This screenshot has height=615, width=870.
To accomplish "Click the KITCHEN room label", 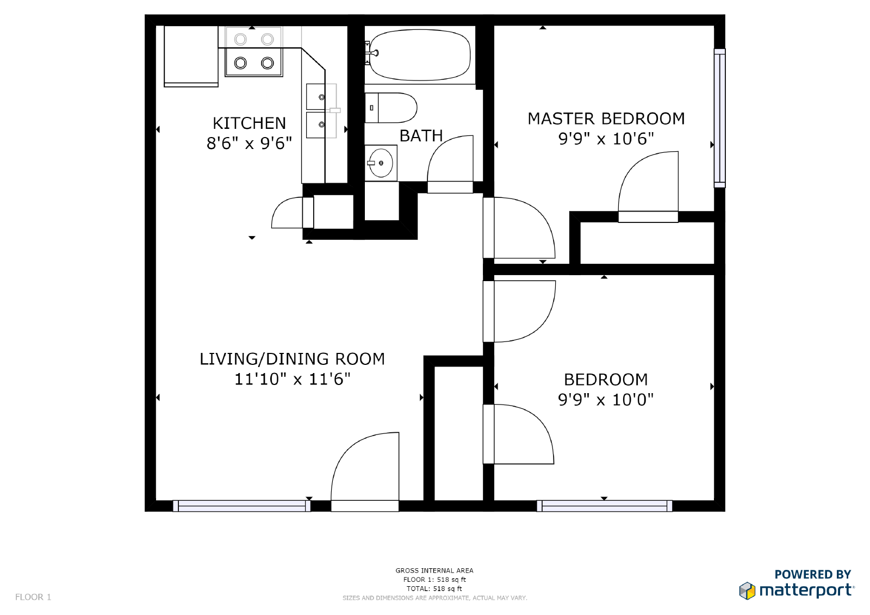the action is (x=249, y=123).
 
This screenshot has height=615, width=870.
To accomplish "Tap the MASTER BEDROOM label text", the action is (x=606, y=119).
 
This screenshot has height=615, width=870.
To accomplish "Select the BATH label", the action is (x=421, y=136).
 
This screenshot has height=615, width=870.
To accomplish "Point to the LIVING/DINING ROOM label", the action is (x=292, y=359).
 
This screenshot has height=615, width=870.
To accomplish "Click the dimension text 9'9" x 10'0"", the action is (x=606, y=399).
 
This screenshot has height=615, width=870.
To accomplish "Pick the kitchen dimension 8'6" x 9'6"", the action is (x=249, y=143).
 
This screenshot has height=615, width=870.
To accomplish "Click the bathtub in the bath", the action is (x=419, y=55).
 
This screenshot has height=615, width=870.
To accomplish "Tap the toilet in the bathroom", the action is (x=391, y=108).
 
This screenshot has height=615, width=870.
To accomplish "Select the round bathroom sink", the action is (x=381, y=163).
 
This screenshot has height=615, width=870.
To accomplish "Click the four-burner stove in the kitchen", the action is (x=253, y=51).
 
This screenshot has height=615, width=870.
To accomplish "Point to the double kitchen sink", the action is (x=321, y=111).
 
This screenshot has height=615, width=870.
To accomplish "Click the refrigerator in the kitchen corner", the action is (x=191, y=57).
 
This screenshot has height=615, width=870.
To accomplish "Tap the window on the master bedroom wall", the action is (x=720, y=118).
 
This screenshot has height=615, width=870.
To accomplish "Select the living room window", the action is (x=241, y=506).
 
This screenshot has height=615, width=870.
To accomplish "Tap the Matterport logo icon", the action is (x=747, y=591).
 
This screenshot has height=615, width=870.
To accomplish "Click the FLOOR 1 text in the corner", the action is (x=33, y=597).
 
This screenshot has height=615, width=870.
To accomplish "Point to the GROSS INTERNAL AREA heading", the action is (x=434, y=571).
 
